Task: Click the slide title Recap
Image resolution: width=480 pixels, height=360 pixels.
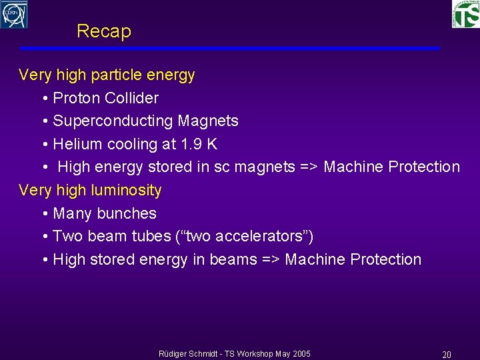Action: [x=104, y=31]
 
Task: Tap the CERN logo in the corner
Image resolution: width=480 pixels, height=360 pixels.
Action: [x=14, y=14]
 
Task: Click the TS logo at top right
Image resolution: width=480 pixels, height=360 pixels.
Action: [x=465, y=13]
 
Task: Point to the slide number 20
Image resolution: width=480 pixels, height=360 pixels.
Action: [x=447, y=355]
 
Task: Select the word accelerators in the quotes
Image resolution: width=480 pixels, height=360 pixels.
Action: [x=261, y=236]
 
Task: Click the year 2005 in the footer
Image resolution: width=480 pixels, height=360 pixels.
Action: [x=301, y=353]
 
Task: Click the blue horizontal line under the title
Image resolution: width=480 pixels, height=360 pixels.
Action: [x=229, y=49]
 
